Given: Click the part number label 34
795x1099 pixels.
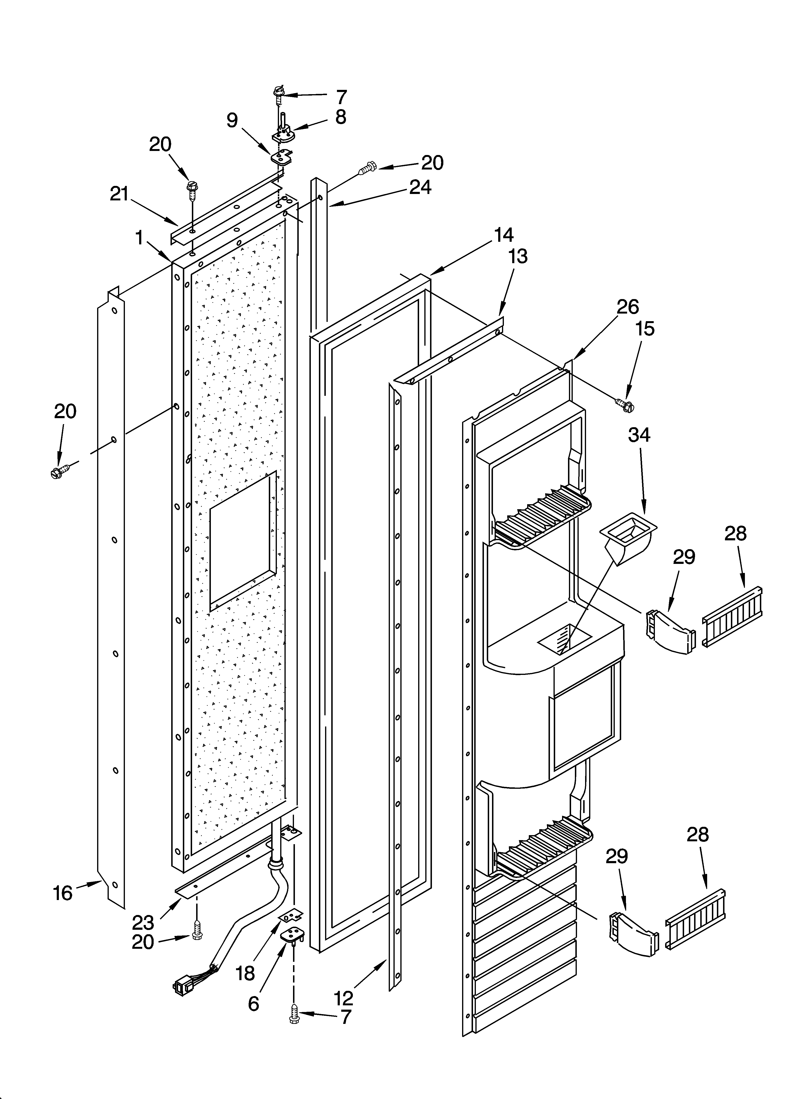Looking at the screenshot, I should click(x=639, y=435).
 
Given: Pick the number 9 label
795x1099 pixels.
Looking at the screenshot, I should click(x=232, y=120).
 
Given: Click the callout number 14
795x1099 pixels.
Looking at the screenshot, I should click(x=504, y=235).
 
